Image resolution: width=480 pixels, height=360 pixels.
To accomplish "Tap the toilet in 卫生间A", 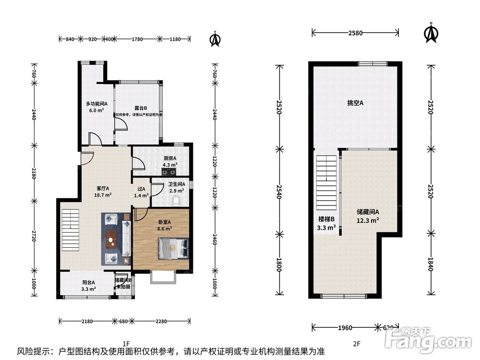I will [177, 201].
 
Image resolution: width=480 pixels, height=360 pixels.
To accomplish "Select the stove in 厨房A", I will [168, 168].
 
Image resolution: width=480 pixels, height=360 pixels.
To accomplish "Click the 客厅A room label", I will [104, 192].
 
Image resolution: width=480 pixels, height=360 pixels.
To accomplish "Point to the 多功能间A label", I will [96, 107].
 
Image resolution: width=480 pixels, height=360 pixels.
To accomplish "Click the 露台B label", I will [140, 108].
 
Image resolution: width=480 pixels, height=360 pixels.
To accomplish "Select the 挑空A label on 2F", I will [355, 103].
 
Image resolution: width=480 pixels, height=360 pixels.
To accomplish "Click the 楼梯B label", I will [326, 223].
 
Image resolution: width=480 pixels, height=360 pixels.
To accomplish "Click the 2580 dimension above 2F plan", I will [355, 33].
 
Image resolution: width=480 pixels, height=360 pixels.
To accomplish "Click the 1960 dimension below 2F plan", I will [345, 328].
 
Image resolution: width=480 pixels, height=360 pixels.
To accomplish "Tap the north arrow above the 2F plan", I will [431, 33].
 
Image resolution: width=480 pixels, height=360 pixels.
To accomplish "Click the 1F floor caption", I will [126, 343].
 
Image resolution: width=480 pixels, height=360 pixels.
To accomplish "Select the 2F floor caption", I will [356, 343].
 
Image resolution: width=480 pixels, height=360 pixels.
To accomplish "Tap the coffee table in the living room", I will [112, 239].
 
